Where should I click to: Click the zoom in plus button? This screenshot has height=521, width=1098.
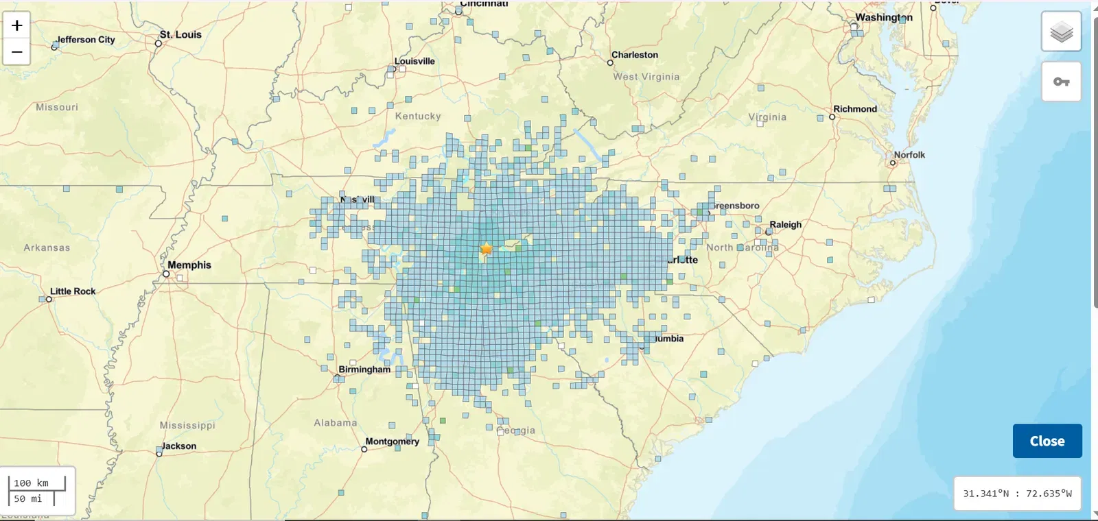pyautogui.click(x=16, y=26)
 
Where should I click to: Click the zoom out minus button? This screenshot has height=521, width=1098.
pyautogui.click(x=16, y=52)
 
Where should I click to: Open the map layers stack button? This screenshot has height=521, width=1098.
pyautogui.click(x=1061, y=32)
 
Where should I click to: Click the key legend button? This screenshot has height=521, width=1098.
pyautogui.click(x=1061, y=82)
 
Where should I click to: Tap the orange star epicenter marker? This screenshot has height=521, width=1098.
pyautogui.click(x=487, y=249)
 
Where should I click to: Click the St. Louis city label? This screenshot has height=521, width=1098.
pyautogui.click(x=180, y=34)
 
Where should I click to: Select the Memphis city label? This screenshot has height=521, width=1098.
pyautogui.click(x=189, y=265)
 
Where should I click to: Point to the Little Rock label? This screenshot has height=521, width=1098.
pyautogui.click(x=73, y=291)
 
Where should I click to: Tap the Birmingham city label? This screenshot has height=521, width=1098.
pyautogui.click(x=364, y=369)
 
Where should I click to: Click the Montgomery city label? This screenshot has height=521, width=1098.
pyautogui.click(x=392, y=441)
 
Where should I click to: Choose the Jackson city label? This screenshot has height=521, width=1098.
pyautogui.click(x=179, y=446)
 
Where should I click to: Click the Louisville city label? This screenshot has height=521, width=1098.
pyautogui.click(x=414, y=61)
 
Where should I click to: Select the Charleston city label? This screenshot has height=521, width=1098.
pyautogui.click(x=635, y=55)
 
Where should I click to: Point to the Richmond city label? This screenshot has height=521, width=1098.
pyautogui.click(x=855, y=109)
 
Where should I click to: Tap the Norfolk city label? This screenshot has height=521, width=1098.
pyautogui.click(x=909, y=155)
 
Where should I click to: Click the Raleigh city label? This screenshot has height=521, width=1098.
pyautogui.click(x=785, y=224)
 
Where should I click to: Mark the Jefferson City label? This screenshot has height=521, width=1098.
pyautogui.click(x=86, y=40)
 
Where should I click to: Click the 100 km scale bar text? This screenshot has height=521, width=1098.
pyautogui.click(x=32, y=483)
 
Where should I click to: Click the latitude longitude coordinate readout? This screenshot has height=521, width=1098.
pyautogui.click(x=1017, y=494)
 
